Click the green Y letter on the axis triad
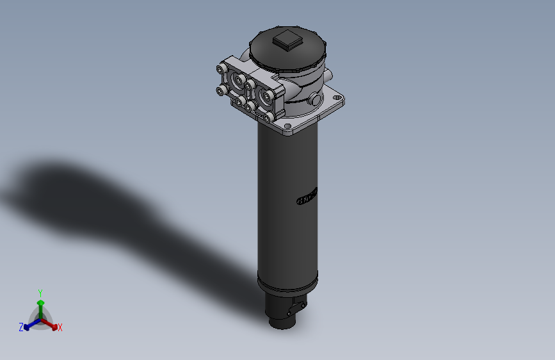click(40, 293)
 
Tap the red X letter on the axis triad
click(60, 328)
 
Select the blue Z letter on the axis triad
click(21, 327)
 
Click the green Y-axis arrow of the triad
click(40, 304)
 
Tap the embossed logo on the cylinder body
click(308, 196)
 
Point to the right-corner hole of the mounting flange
click(337, 99)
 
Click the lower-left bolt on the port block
click(221, 92)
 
